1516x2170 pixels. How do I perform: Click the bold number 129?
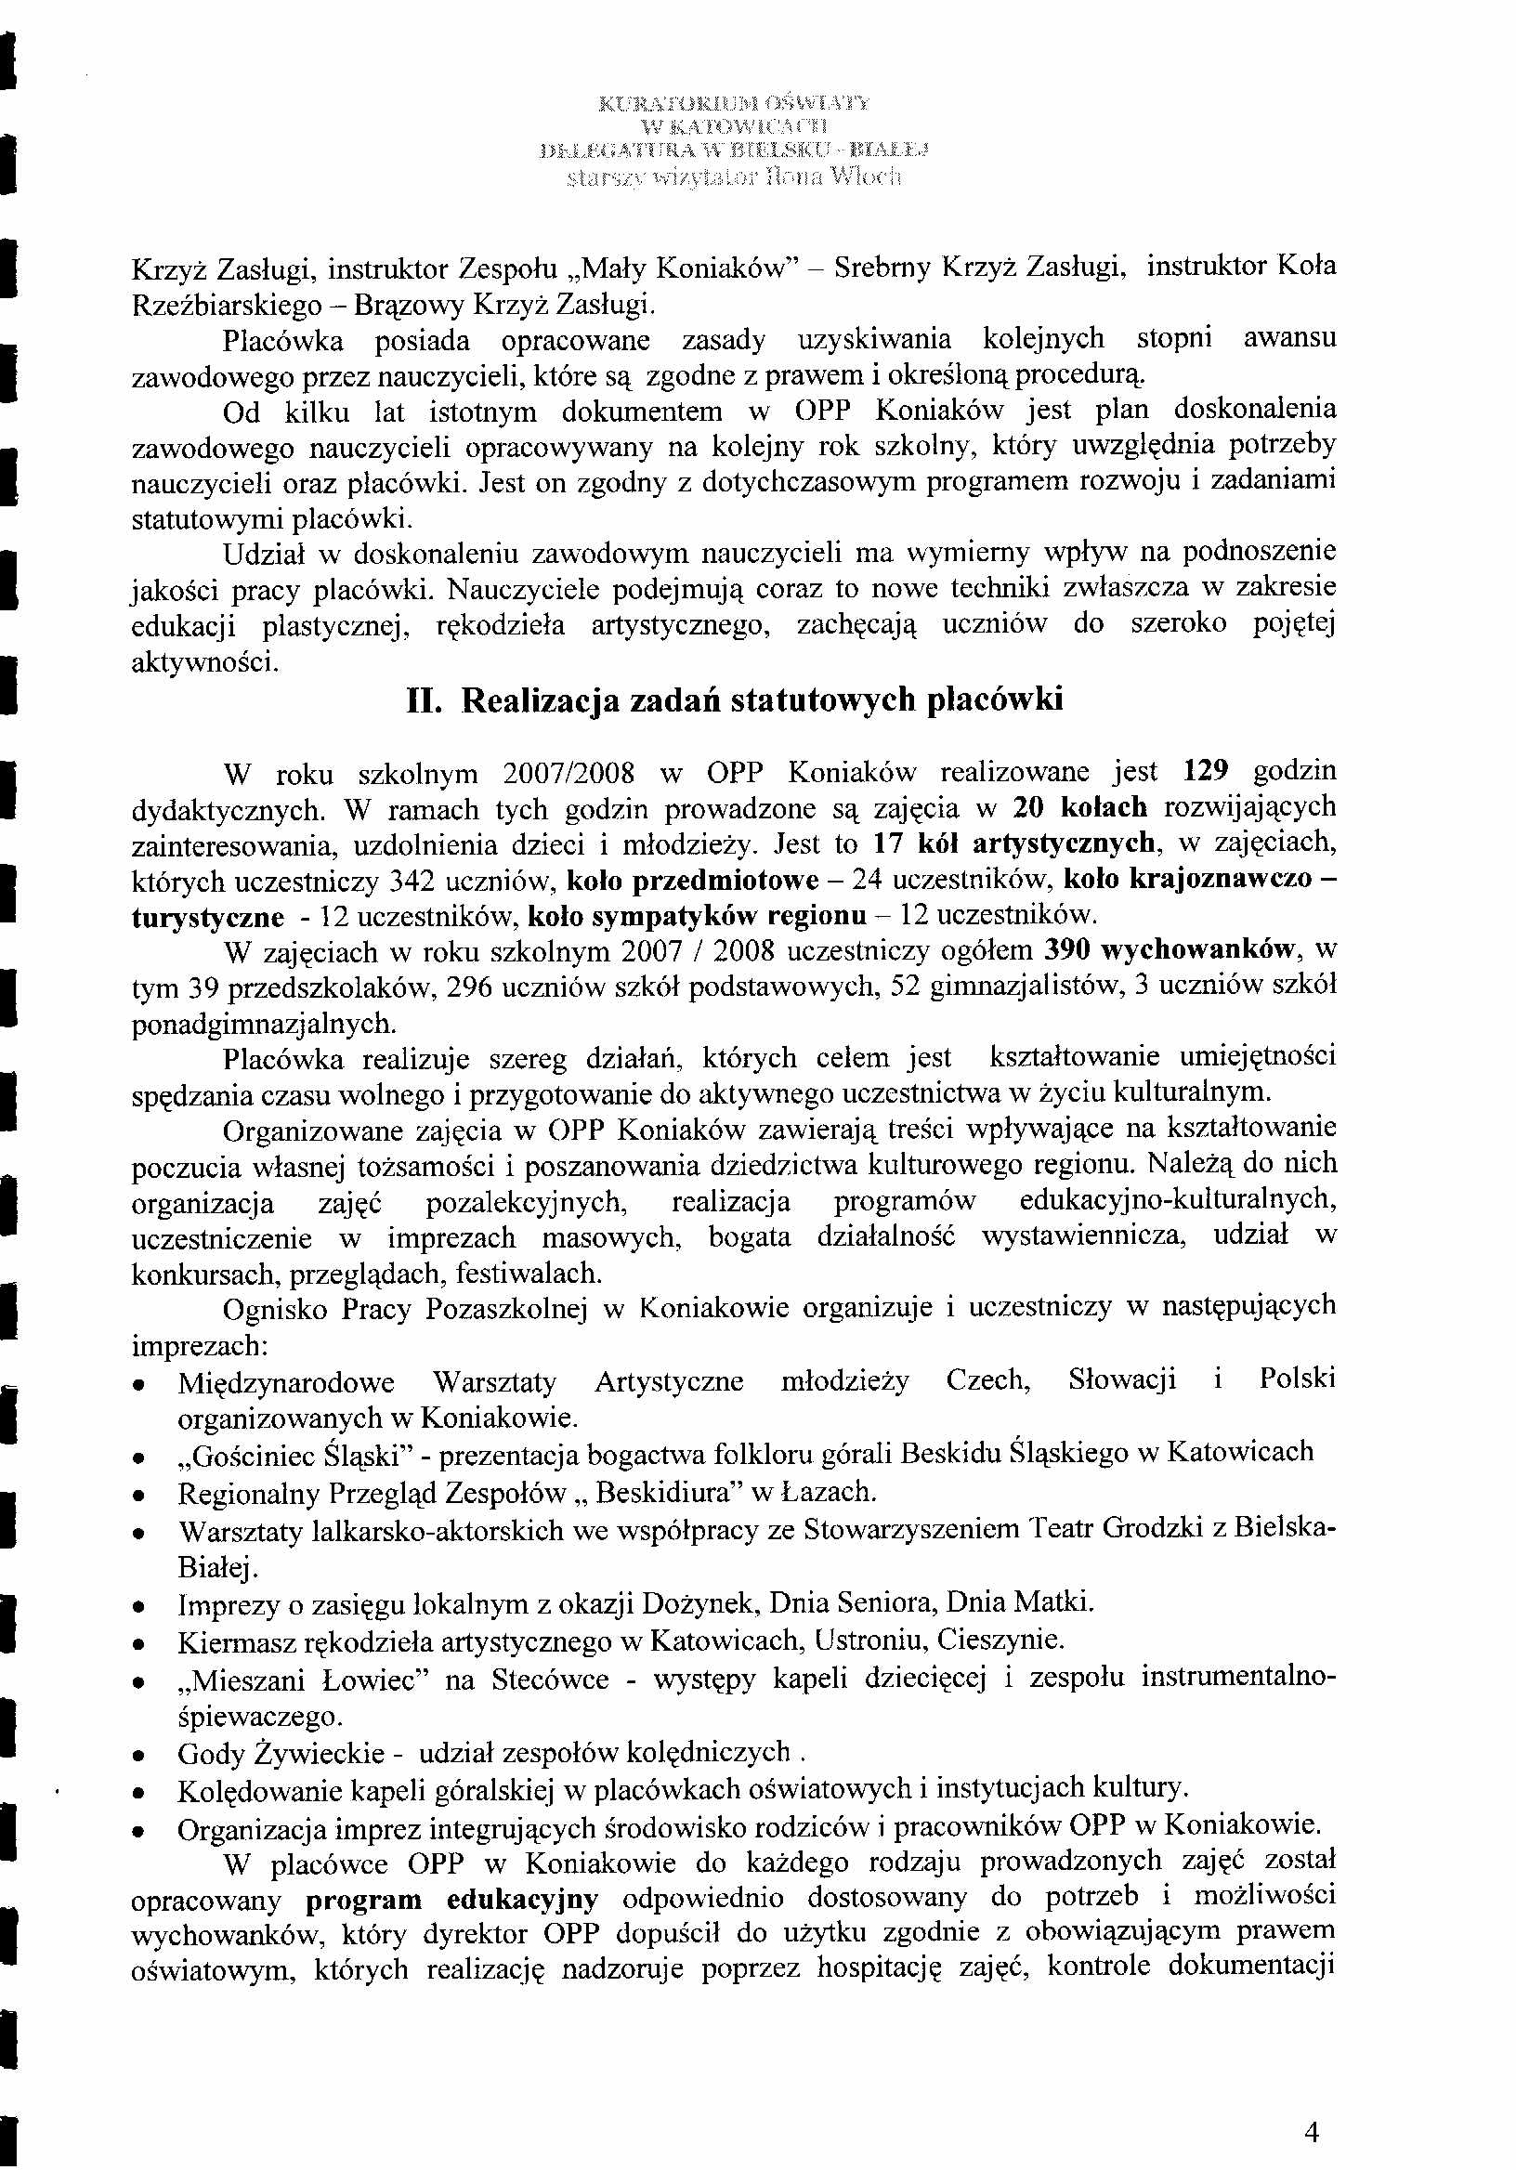[1205, 771]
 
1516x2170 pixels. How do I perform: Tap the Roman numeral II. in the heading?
[424, 700]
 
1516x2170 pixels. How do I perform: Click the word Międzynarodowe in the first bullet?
[286, 1381]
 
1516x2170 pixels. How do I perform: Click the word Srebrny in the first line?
[882, 268]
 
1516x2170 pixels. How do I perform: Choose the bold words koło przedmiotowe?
[692, 881]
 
